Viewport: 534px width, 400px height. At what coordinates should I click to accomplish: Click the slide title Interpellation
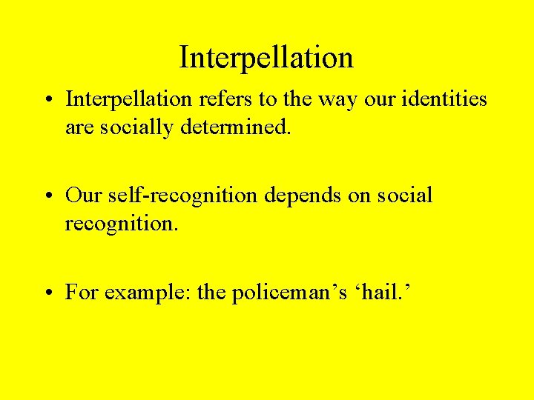[x=266, y=57]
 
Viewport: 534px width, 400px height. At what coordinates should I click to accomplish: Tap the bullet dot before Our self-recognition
[x=48, y=196]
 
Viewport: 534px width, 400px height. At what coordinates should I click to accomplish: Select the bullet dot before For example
[x=48, y=293]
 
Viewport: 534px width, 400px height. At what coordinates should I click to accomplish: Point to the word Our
[x=83, y=196]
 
